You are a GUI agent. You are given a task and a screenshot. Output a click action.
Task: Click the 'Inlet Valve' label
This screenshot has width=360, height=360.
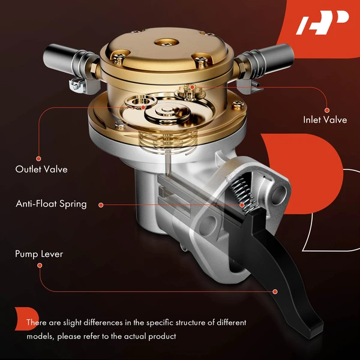pos(325,120)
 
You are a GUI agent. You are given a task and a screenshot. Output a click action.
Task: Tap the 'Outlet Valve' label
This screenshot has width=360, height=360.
pos(41,169)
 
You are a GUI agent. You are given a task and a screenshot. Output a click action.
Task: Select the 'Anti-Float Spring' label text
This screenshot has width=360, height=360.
pos(51,204)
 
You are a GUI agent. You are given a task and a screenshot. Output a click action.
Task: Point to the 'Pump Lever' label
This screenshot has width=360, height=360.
pos(39,254)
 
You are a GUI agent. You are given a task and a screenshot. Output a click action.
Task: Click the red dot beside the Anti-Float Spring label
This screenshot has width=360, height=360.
pos(101,205)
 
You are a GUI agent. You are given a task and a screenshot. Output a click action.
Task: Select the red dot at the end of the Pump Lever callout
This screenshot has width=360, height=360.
pos(275,291)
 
